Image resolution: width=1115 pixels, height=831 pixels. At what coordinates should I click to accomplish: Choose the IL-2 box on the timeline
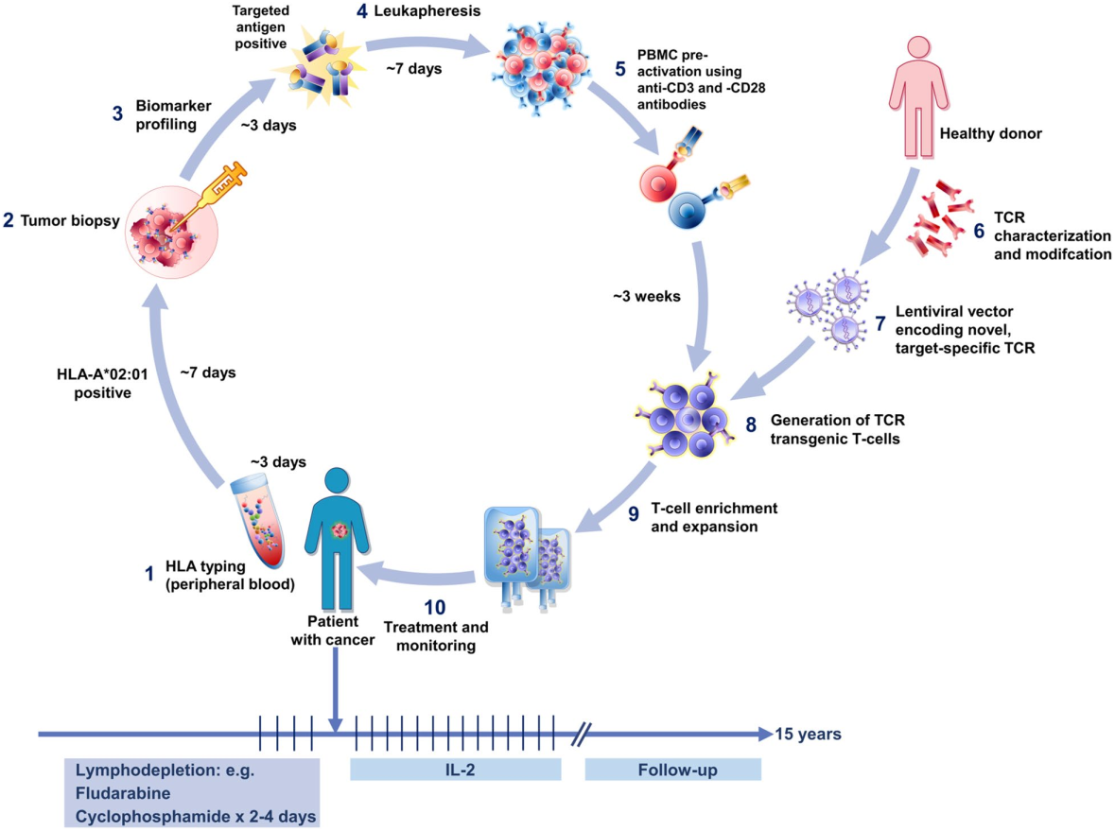455,770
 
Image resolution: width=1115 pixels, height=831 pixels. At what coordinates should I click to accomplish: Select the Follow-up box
672,770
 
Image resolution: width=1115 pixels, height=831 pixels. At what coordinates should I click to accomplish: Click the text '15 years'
808,735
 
